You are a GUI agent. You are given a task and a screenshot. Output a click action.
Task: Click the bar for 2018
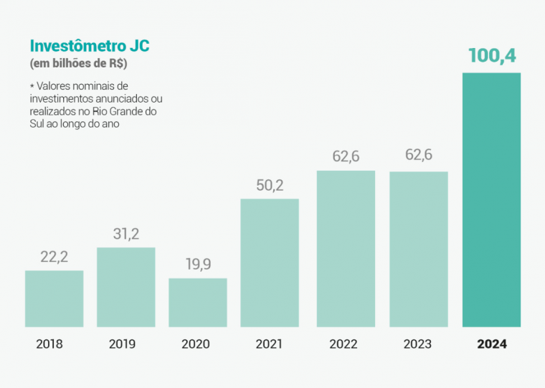[x=54, y=298]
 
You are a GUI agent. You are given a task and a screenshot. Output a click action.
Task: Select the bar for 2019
[x=126, y=287]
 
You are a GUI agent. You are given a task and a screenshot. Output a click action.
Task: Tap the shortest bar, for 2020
[x=198, y=302]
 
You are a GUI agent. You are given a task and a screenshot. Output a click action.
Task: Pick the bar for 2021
[x=270, y=262]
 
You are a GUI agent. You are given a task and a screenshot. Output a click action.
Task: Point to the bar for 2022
[x=346, y=248]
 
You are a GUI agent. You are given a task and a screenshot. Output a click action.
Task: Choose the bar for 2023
[x=419, y=249]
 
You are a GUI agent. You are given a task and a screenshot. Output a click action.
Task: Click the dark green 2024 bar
[x=491, y=199]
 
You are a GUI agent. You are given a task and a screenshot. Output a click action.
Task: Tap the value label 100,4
[x=492, y=55]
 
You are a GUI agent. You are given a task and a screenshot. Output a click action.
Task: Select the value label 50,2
[x=270, y=185]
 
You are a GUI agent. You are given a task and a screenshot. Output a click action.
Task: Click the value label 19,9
[x=198, y=265]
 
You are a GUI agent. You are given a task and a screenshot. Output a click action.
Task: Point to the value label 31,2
[x=126, y=234]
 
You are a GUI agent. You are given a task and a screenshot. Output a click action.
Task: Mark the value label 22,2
[x=54, y=257]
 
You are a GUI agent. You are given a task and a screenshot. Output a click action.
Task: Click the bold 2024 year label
[x=492, y=344]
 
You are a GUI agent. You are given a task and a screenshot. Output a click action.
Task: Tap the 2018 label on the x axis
[x=49, y=344]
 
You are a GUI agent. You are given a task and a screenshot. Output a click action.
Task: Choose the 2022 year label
[x=343, y=344]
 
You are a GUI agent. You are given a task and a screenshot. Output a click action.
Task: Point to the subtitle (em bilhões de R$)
[x=78, y=64]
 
